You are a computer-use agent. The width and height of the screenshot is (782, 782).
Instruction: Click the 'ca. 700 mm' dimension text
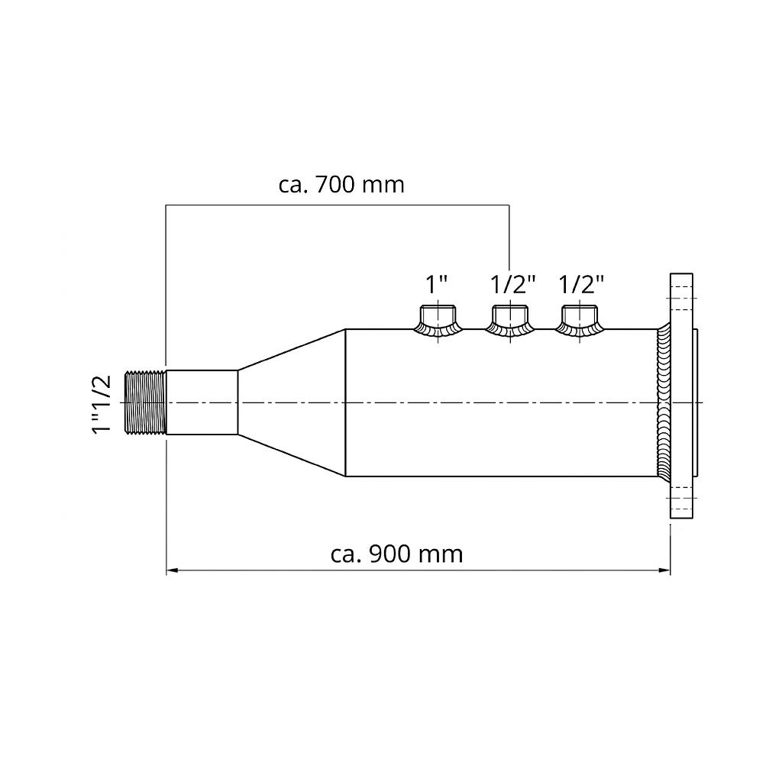341,185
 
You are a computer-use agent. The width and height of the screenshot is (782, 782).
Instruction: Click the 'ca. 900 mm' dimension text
396,554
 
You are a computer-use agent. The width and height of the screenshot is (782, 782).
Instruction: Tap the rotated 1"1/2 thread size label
102,405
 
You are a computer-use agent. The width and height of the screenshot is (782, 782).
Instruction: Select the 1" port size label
436,284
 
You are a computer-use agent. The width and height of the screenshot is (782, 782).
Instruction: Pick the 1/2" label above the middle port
512,284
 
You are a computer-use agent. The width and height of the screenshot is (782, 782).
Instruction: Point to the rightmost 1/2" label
581,284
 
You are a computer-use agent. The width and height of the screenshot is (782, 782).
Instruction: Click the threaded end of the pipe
144,402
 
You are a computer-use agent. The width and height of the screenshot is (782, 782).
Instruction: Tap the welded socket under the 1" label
438,322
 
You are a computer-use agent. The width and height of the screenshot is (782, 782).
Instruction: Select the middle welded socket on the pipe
510,322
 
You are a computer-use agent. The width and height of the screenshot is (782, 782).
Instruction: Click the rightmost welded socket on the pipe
580,322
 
